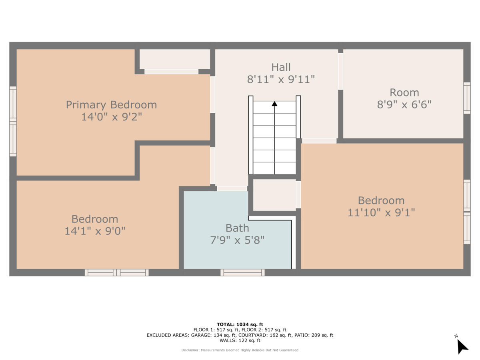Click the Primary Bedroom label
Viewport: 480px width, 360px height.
point(111,105)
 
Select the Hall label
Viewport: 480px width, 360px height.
point(281,67)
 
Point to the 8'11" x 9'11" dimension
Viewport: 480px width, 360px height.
point(281,79)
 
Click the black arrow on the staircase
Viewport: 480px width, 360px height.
point(274,104)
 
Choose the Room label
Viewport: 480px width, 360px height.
point(404,92)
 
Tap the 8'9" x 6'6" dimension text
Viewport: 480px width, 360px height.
point(404,104)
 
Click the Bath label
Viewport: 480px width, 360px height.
point(237,228)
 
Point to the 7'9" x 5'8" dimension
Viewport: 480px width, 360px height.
point(237,240)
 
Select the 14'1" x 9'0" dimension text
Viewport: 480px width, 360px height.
point(95,231)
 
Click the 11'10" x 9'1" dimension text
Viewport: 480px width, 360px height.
point(381,212)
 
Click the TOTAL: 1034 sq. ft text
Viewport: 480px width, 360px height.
point(240,324)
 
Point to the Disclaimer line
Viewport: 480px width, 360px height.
point(240,350)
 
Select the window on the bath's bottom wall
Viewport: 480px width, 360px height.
point(242,272)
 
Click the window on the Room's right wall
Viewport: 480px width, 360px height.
point(467,98)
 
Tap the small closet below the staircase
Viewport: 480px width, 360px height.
point(274,195)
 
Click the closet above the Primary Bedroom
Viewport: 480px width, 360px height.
point(174,59)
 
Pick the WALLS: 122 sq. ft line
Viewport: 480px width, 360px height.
point(240,341)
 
